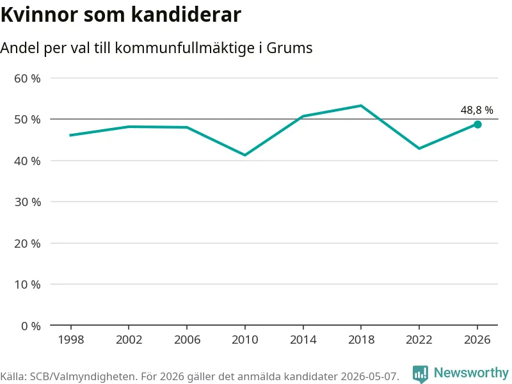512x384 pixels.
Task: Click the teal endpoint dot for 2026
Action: [477, 124]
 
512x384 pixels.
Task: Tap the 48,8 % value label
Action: [477, 110]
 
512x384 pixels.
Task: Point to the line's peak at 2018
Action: [361, 106]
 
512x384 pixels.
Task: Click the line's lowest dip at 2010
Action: [245, 155]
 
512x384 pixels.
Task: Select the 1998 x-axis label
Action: [71, 340]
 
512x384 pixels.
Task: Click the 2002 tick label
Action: [129, 340]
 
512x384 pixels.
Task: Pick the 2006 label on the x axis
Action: [187, 340]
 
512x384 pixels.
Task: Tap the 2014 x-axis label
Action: [303, 340]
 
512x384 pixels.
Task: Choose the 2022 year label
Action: [419, 340]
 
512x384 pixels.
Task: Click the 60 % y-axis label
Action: [28, 78]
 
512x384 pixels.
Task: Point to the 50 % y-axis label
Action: [28, 120]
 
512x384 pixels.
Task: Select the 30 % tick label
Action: [28, 202]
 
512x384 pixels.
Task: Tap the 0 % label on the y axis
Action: [31, 326]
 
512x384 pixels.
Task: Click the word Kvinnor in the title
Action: [39, 15]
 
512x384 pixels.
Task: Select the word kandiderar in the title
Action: [186, 15]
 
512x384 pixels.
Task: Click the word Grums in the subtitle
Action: [289, 48]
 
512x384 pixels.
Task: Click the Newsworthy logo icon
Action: [420, 374]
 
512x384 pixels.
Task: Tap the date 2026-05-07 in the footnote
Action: [370, 376]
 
